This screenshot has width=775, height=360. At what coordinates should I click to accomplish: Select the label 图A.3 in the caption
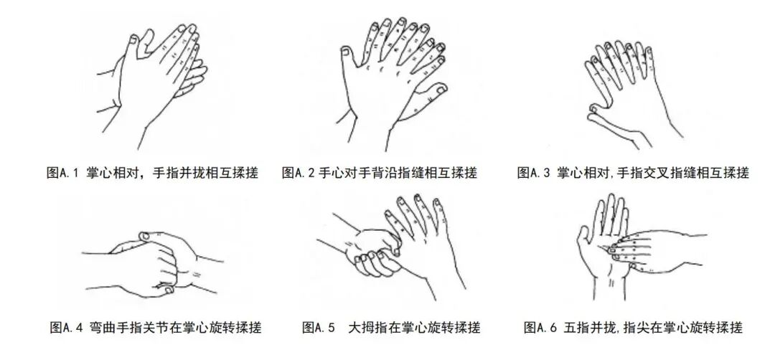(535, 173)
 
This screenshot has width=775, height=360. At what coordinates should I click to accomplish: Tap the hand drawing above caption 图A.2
(391, 79)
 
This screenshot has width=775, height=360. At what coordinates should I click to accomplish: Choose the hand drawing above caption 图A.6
(631, 247)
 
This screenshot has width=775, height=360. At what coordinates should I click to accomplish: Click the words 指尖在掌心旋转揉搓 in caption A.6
(681, 328)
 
